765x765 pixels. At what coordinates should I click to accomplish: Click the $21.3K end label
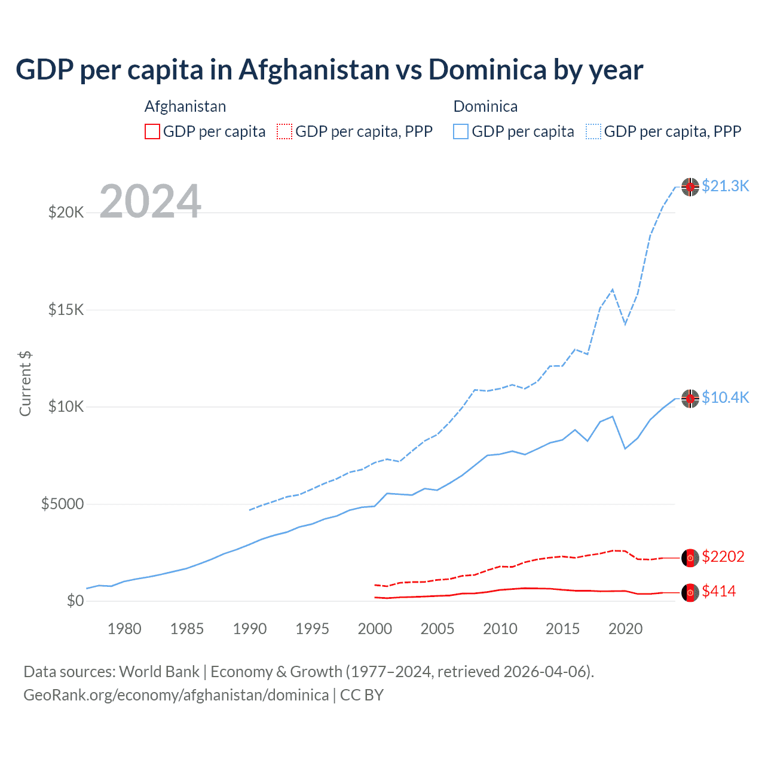(725, 186)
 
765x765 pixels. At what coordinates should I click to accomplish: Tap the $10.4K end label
(725, 397)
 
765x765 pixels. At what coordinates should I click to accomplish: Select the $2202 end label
(723, 556)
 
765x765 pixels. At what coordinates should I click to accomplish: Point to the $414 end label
(718, 591)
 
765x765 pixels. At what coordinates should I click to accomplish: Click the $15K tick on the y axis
(66, 310)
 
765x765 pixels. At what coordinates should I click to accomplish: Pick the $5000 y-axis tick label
(62, 504)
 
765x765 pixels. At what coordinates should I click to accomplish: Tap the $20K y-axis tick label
(66, 212)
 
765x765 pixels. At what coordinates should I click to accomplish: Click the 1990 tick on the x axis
(250, 629)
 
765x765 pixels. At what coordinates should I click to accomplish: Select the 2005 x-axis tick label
(437, 629)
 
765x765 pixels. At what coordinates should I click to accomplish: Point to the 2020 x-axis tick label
(625, 629)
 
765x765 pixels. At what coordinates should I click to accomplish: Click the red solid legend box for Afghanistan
(152, 131)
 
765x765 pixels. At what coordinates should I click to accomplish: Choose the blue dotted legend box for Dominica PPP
(593, 131)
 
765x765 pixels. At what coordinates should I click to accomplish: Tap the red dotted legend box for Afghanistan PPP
(284, 131)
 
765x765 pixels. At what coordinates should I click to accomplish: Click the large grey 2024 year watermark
(150, 201)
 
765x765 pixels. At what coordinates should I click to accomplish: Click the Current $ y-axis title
(25, 384)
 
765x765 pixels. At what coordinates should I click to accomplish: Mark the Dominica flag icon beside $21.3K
(690, 187)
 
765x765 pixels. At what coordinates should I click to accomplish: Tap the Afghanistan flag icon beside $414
(690, 592)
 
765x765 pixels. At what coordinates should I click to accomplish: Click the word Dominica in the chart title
(487, 69)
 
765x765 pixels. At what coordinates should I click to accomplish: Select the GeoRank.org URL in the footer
(176, 695)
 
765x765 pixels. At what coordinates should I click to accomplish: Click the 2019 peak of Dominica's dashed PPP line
(613, 289)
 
